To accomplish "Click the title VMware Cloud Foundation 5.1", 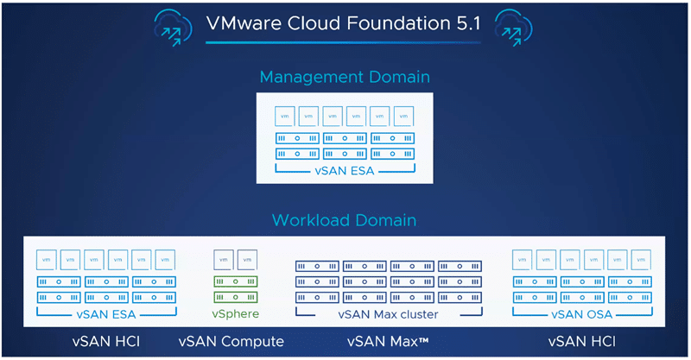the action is pyautogui.click(x=343, y=23).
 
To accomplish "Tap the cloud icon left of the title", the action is pyautogui.click(x=174, y=28).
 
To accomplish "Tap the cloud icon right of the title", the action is pyautogui.click(x=513, y=28).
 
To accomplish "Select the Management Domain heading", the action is pyautogui.click(x=345, y=77).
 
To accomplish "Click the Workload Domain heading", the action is pyautogui.click(x=344, y=220).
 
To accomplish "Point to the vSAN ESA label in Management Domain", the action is pyautogui.click(x=345, y=171).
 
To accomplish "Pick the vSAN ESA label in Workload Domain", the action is pyautogui.click(x=106, y=314).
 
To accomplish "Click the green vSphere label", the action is pyautogui.click(x=235, y=313).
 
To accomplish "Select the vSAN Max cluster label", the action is pyautogui.click(x=388, y=314).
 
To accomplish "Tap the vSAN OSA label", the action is pyautogui.click(x=581, y=314).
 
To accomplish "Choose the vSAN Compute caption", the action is pyautogui.click(x=231, y=342).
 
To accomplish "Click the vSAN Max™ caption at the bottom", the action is pyautogui.click(x=388, y=342).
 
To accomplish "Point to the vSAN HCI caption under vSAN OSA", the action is pyautogui.click(x=581, y=342).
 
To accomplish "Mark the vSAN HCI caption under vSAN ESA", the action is pyautogui.click(x=106, y=342).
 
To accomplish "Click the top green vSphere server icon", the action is pyautogui.click(x=236, y=281).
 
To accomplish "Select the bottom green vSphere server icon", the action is pyautogui.click(x=236, y=298).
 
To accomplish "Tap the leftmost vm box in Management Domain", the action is pyautogui.click(x=285, y=117).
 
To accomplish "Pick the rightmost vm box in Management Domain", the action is pyautogui.click(x=403, y=117).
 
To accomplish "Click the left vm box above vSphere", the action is pyautogui.click(x=224, y=260).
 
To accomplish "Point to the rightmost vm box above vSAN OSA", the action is pyautogui.click(x=641, y=260).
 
